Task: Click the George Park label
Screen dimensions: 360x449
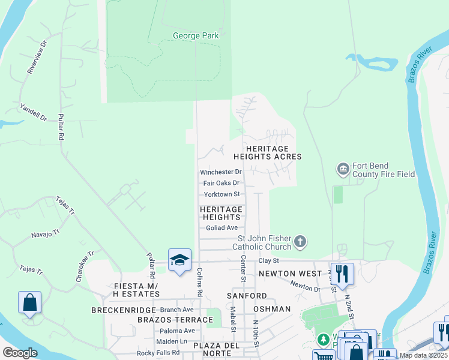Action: coord(196,36)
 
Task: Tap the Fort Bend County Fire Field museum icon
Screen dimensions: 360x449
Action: coord(343,170)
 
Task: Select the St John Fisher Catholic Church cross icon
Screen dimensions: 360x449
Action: coord(301,242)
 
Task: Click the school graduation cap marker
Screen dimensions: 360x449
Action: coord(179,259)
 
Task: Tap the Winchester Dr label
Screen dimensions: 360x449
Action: coord(220,172)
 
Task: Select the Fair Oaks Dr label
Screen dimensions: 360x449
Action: coord(221,183)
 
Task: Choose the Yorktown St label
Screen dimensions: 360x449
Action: coord(221,194)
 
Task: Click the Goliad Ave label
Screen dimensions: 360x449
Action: coord(221,228)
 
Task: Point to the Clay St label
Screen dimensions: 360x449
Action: coord(269,261)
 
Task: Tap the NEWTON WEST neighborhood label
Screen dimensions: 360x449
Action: coord(286,274)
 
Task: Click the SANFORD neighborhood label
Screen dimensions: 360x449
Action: coord(247,296)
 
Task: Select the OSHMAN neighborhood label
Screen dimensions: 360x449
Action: coord(272,309)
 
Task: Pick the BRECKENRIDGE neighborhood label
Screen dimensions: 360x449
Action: coord(119,310)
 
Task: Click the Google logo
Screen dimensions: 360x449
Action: coord(20,353)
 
